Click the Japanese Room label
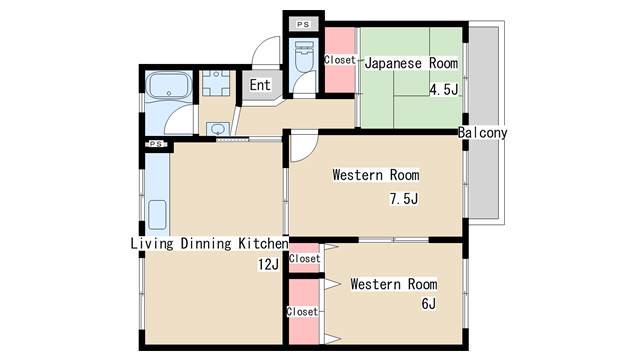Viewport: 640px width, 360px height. point(411,63)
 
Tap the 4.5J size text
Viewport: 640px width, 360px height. point(444,89)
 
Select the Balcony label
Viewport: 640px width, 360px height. point(482,133)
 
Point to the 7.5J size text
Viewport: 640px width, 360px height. point(404,199)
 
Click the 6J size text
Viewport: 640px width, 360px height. point(429,304)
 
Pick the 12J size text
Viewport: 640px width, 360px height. point(268,265)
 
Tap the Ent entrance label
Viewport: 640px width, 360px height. point(260,85)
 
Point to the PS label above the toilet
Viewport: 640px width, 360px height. point(303,24)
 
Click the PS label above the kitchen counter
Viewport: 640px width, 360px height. point(156,144)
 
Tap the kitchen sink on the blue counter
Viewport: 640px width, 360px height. point(157,215)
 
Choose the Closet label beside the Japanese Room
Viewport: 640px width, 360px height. point(340,60)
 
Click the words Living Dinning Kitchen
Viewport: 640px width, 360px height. point(209,244)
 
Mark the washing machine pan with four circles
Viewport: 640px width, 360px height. point(216,83)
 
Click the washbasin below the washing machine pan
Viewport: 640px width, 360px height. point(218,129)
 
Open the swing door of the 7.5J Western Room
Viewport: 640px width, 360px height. point(304,146)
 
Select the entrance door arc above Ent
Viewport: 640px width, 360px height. point(266,51)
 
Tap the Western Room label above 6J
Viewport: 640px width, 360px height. point(394,284)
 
